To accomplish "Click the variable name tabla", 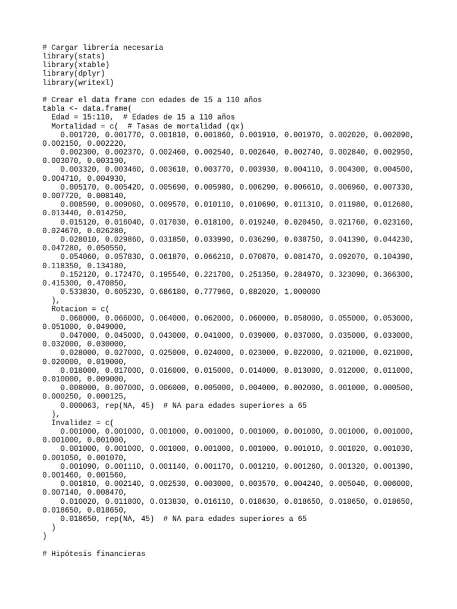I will tap(54, 108).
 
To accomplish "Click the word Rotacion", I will tap(69, 309).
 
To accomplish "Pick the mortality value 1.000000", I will tap(302, 292).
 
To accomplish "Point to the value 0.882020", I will tap(257, 292).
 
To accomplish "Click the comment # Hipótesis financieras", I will tap(94, 553).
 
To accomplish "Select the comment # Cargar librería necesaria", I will tap(103, 47).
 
